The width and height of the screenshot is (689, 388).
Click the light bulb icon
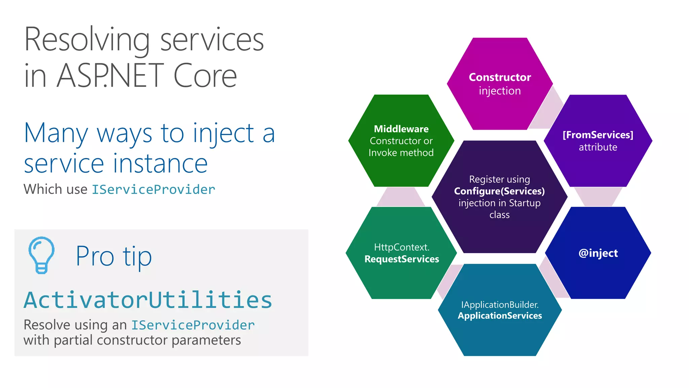(x=41, y=255)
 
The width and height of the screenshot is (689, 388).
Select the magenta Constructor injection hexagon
(x=500, y=84)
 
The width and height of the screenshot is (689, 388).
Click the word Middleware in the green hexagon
(x=401, y=129)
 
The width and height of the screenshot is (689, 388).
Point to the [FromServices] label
(x=598, y=135)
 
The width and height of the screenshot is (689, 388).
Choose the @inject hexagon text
(x=598, y=253)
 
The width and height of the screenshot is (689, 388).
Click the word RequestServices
(x=402, y=259)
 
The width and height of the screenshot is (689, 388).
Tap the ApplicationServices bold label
(x=500, y=316)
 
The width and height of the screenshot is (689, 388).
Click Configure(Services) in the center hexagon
(x=499, y=191)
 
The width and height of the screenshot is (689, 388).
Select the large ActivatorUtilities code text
(x=148, y=300)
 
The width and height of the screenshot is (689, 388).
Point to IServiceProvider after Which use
(x=153, y=190)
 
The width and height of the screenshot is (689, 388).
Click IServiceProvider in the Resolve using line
(x=193, y=325)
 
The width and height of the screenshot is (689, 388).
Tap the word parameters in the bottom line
(x=206, y=340)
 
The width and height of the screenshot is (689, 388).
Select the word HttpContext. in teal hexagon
(x=402, y=247)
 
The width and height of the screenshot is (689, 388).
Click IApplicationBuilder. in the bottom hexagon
(x=500, y=305)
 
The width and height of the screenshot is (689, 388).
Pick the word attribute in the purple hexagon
(x=598, y=147)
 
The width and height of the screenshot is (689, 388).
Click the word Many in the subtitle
(x=56, y=134)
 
